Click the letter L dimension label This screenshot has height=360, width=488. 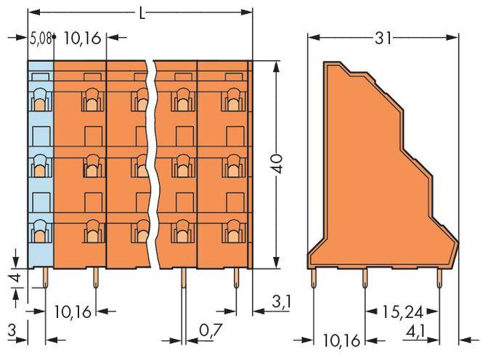(141, 12)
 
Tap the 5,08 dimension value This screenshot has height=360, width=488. (40, 38)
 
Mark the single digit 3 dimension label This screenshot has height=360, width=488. (11, 331)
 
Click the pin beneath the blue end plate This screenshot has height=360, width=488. (45, 277)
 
